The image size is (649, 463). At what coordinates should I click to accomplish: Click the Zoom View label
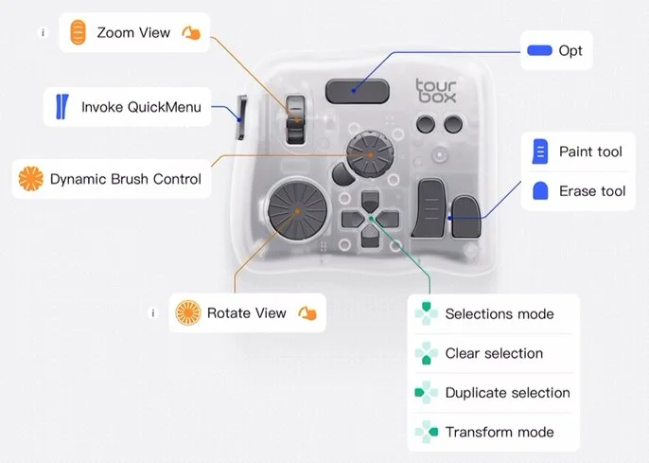pos(133,33)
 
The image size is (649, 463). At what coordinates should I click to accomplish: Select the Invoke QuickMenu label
pos(141,107)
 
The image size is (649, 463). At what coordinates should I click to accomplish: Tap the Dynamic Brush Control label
pos(126,178)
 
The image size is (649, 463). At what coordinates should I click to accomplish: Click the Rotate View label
pos(246,312)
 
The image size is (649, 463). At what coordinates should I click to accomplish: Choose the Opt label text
pos(570,49)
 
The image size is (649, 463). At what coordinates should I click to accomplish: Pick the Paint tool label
pos(590,151)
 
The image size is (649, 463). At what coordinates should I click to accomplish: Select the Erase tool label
pos(592,191)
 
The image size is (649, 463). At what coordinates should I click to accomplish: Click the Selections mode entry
pos(499,313)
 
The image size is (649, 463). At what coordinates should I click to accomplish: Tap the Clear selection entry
pos(494,353)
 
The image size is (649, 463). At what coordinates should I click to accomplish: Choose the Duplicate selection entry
pos(507,393)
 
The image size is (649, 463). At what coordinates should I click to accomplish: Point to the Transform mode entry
pos(499,433)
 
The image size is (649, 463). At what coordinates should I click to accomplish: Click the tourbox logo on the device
pos(436,91)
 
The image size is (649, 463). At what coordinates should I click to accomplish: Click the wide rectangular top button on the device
pos(357,91)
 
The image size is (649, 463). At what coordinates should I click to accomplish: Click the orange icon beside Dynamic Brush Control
pos(32,178)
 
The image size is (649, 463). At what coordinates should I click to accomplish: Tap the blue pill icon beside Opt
pos(539,50)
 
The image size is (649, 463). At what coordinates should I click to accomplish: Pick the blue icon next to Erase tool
pos(540,191)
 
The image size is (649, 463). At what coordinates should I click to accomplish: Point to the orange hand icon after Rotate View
pos(307,313)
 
